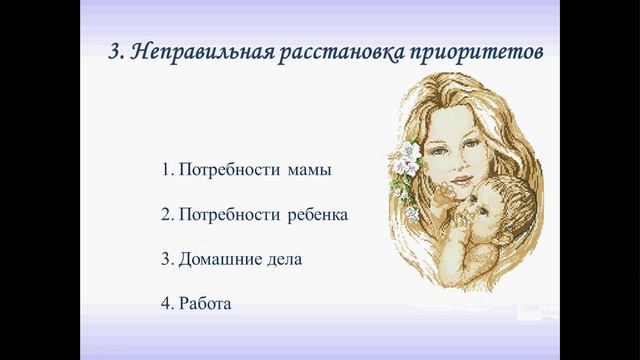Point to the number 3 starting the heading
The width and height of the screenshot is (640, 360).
[114, 51]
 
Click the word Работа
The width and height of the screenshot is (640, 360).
[205, 302]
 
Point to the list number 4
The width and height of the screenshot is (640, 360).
[165, 302]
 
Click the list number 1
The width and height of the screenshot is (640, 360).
[166, 169]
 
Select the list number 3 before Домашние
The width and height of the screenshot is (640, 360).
[165, 258]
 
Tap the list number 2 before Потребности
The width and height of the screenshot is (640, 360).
[165, 214]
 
